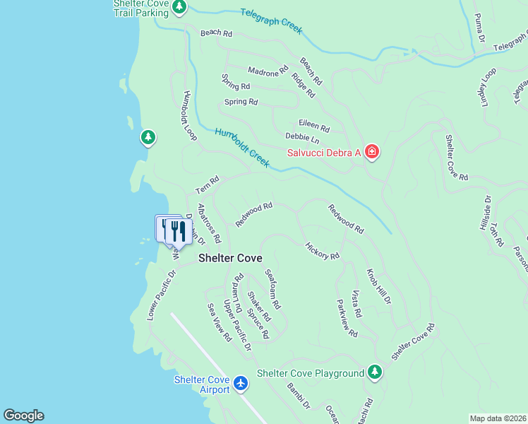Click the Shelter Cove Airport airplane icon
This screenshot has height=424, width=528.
(x=241, y=383)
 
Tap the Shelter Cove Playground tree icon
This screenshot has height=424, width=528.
(x=375, y=372)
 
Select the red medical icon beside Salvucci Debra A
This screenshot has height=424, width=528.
(x=372, y=152)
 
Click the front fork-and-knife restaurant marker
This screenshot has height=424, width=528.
(x=179, y=231)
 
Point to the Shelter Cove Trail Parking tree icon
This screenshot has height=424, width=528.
(x=179, y=7)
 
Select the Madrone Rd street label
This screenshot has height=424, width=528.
(x=268, y=71)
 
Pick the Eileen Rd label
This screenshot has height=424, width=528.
(x=314, y=126)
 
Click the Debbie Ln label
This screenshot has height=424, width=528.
(x=302, y=139)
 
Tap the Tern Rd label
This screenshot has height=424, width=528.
(x=208, y=186)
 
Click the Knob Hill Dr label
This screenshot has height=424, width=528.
(x=378, y=286)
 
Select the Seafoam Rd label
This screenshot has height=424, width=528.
(x=272, y=289)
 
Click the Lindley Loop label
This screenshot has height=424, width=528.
(x=489, y=86)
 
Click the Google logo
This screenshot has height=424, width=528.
(x=23, y=416)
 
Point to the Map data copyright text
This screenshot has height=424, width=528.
(x=498, y=418)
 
